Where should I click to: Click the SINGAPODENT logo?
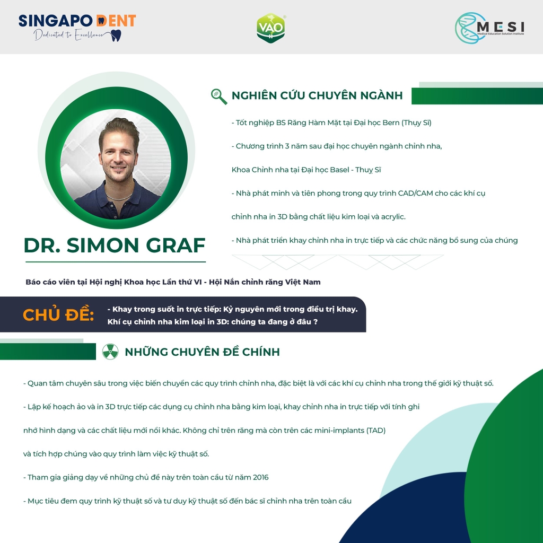77,28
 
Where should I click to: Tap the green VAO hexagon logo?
271,28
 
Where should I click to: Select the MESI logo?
489,28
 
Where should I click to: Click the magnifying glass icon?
219,97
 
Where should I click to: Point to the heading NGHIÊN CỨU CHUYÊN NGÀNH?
317,95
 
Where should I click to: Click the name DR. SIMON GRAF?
115,245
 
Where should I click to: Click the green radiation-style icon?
110,352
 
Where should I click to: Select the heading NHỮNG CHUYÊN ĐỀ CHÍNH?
202,352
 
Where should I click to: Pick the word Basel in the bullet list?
339,170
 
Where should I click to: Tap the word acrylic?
393,217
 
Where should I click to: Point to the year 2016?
261,477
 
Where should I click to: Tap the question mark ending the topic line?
316,322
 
